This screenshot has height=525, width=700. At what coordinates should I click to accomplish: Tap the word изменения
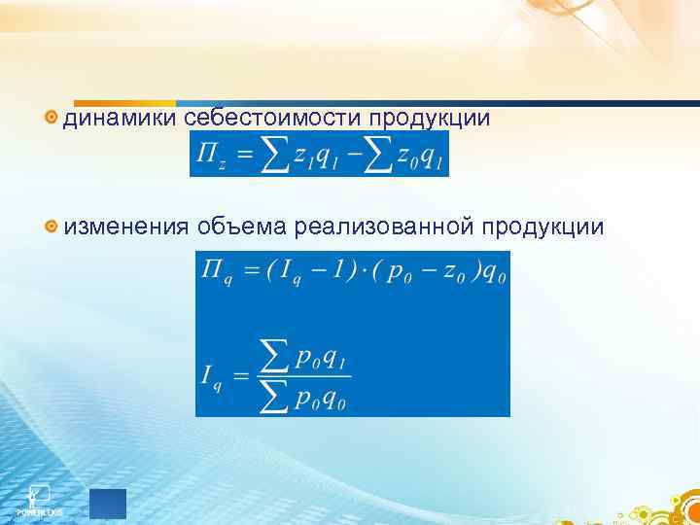pyautogui.click(x=125, y=227)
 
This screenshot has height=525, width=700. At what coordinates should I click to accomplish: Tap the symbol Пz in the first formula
pyautogui.click(x=210, y=156)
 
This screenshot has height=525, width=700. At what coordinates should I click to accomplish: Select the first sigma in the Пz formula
pyautogui.click(x=276, y=156)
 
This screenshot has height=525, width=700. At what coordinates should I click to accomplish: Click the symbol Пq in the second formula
pyautogui.click(x=214, y=271)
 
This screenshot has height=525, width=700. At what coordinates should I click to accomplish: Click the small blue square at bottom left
pyautogui.click(x=108, y=503)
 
